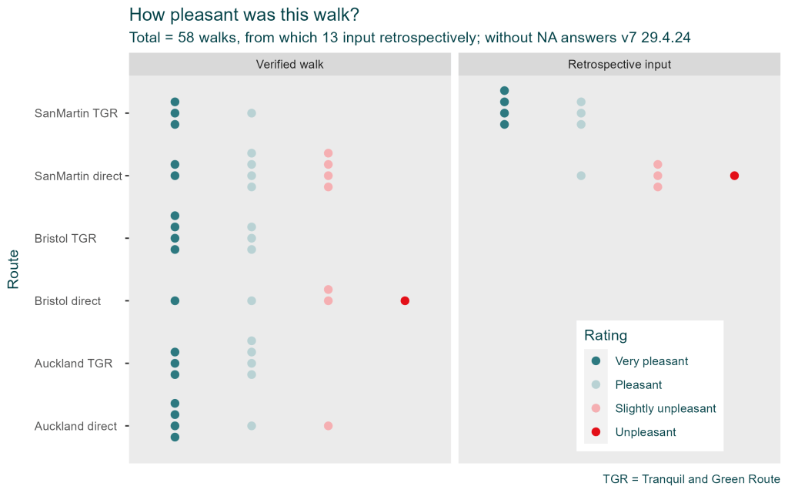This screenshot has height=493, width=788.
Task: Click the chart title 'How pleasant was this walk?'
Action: [x=243, y=15]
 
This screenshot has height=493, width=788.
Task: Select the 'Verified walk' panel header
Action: [x=289, y=65]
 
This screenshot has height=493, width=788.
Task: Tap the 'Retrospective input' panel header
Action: [x=619, y=65]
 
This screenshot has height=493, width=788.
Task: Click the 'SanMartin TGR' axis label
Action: [x=76, y=113]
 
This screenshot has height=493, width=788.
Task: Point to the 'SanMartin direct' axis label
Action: [x=78, y=176]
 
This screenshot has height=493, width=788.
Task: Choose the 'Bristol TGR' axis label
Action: [x=65, y=238]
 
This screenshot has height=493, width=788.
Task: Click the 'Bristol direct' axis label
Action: [x=68, y=301]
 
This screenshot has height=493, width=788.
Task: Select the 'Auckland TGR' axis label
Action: [x=73, y=364]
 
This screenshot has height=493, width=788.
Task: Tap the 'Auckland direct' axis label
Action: [x=75, y=426]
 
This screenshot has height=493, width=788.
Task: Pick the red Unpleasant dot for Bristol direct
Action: [x=405, y=300]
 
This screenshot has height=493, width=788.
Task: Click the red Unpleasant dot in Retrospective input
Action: [x=734, y=176]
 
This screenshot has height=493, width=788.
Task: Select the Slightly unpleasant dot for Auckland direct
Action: [x=328, y=426]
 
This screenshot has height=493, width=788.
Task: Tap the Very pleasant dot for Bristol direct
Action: [x=175, y=300]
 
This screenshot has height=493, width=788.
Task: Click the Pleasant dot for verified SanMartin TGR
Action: [x=252, y=113]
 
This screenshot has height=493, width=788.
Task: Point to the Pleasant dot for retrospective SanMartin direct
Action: [x=581, y=176]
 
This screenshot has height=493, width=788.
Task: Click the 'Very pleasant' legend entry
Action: [x=651, y=361]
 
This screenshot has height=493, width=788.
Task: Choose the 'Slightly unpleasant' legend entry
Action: [x=665, y=408]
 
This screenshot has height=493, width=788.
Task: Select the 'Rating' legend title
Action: [x=606, y=335]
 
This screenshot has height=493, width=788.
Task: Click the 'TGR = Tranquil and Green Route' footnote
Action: [x=691, y=479]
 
